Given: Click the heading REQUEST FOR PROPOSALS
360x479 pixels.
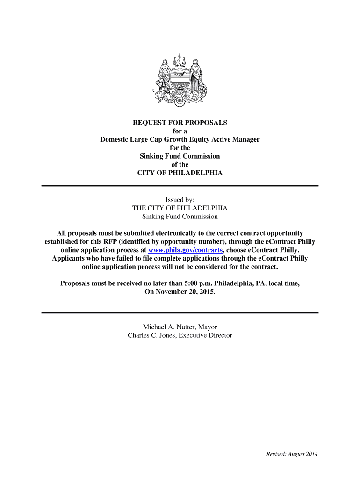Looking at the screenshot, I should tap(180, 123).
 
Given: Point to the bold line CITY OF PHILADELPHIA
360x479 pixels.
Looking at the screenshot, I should tap(180, 173).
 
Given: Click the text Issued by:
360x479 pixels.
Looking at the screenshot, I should tap(180, 200).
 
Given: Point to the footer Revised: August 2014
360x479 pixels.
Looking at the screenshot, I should tap(292, 454).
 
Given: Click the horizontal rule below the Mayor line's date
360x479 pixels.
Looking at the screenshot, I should tap(180, 312).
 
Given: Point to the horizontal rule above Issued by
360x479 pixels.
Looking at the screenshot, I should tap(180, 186).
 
